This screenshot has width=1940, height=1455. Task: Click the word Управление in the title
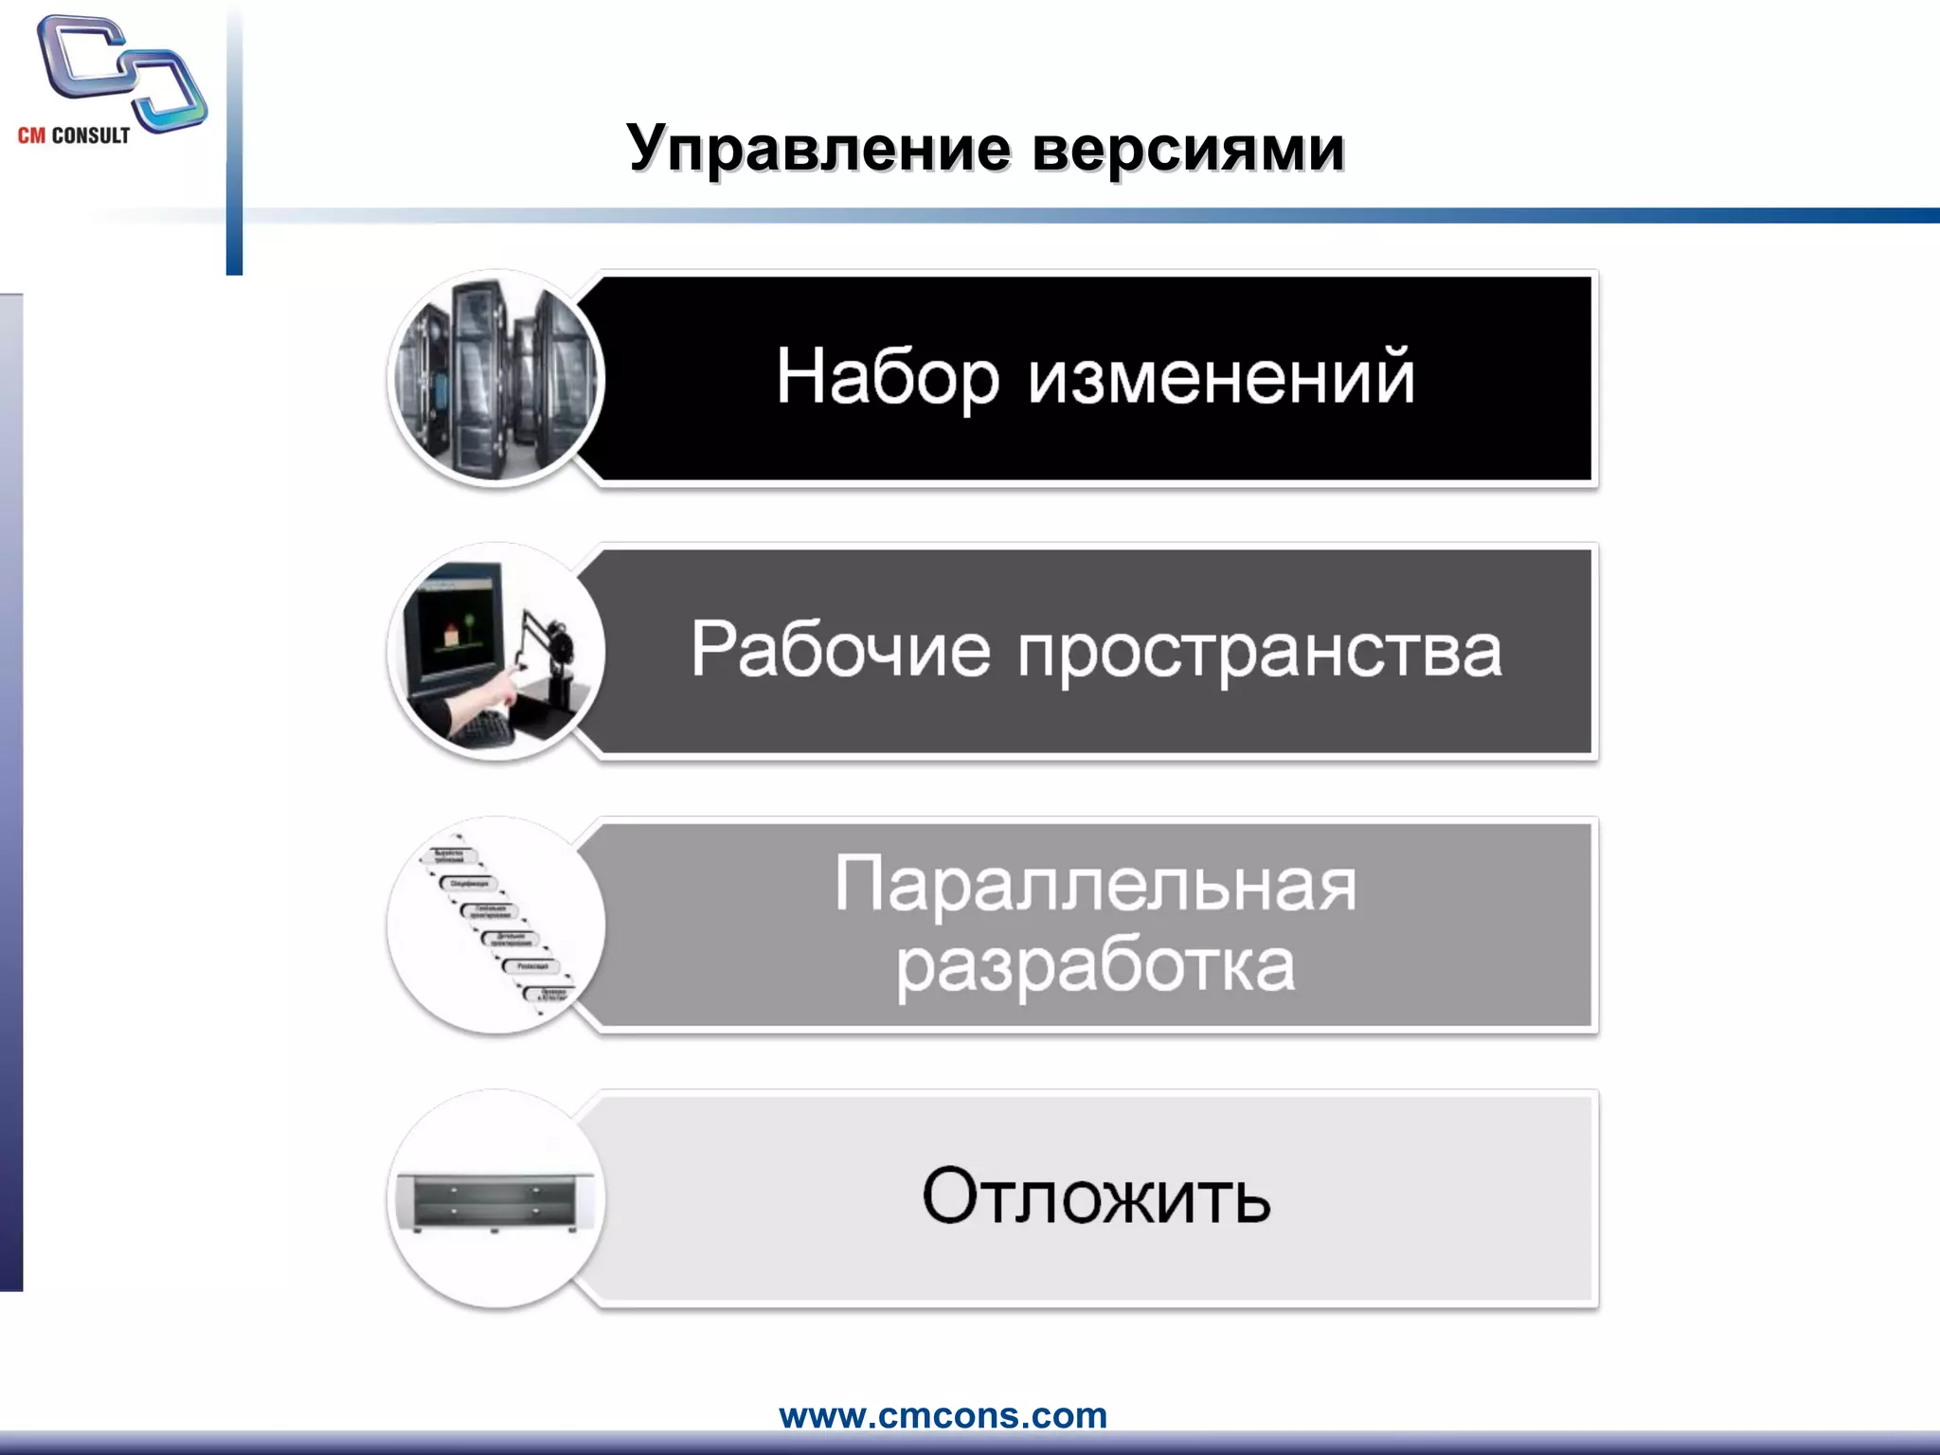click(818, 149)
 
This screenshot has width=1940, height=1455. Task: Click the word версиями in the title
click(1188, 149)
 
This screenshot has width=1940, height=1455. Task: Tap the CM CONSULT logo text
click(74, 135)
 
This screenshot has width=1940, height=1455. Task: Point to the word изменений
click(1221, 377)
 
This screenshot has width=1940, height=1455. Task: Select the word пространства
click(1260, 652)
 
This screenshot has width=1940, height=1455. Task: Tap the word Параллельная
click(1095, 885)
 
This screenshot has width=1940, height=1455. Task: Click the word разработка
click(1095, 966)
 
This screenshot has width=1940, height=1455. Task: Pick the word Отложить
click(1096, 1196)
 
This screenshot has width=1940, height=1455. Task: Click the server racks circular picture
click(495, 379)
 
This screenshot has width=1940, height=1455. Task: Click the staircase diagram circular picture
click(495, 925)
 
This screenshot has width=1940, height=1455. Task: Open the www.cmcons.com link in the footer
click(943, 1415)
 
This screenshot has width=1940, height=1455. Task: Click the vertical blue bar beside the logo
click(234, 142)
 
